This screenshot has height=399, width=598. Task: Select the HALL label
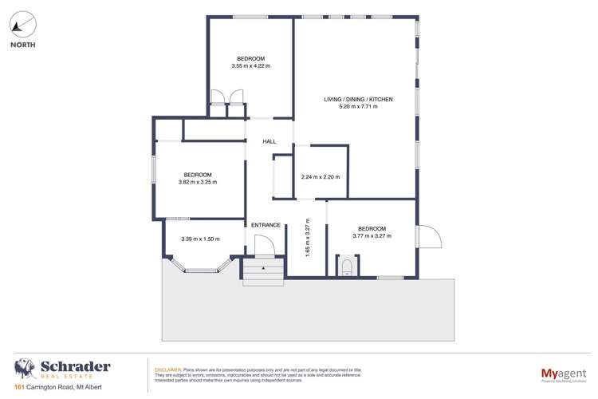269,141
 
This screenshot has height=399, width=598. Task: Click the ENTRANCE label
266,225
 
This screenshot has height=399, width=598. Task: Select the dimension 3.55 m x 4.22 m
250,66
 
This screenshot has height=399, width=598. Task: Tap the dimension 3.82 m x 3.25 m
198,182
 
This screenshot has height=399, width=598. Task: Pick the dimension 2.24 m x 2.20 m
321,177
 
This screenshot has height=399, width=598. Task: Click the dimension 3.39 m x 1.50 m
200,239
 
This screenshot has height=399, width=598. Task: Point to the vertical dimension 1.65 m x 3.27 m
306,237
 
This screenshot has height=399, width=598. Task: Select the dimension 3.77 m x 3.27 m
372,235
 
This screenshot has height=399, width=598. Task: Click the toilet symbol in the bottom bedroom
347,265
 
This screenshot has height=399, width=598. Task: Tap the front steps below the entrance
262,275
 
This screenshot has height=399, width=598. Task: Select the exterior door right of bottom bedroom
427,236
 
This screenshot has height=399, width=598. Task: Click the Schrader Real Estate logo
62,369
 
